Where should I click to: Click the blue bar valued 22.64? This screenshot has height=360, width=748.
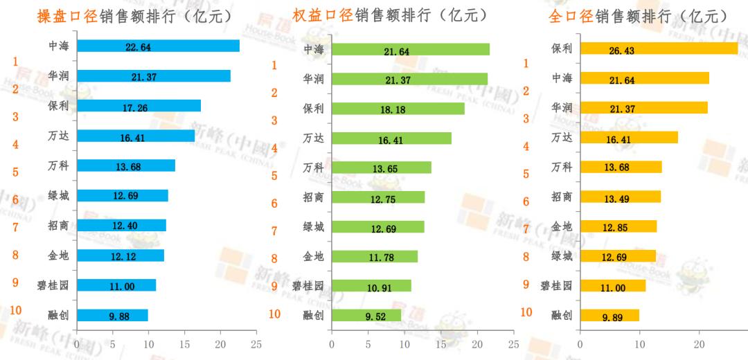click(158, 46)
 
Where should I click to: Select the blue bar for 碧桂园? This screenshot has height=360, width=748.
click(116, 285)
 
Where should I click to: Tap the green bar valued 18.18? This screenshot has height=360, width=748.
click(398, 109)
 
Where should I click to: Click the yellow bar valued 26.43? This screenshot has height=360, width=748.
click(658, 48)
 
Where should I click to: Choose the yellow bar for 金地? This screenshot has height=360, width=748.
click(618, 226)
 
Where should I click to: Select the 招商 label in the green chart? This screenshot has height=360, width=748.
click(314, 197)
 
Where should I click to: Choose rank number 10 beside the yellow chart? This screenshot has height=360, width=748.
click(526, 312)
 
